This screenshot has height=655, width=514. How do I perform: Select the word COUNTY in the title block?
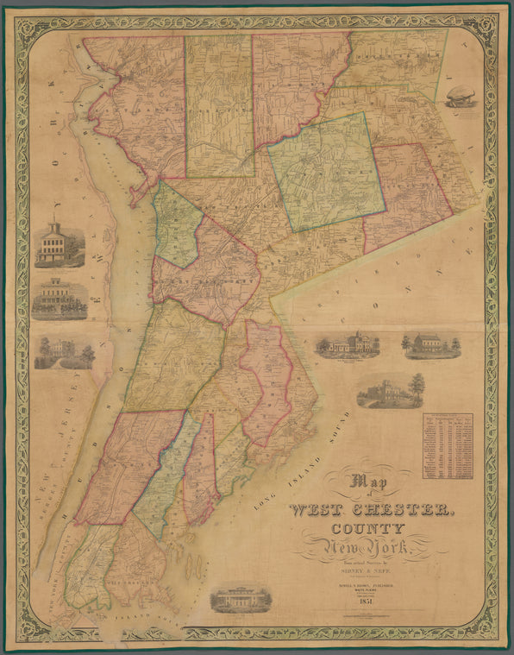pos(370,528)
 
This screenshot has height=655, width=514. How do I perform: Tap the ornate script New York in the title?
pos(369,547)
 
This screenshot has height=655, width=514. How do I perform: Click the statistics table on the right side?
pos(447,445)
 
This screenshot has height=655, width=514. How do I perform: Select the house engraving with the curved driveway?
pos(64,353)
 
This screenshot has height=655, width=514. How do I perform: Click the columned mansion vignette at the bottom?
pos(241,598)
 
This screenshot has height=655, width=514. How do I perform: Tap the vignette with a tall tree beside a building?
pos(391,391)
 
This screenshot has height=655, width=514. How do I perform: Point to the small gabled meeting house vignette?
pos(430,344)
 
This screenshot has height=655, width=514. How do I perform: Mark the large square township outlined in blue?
pos(326,172)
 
